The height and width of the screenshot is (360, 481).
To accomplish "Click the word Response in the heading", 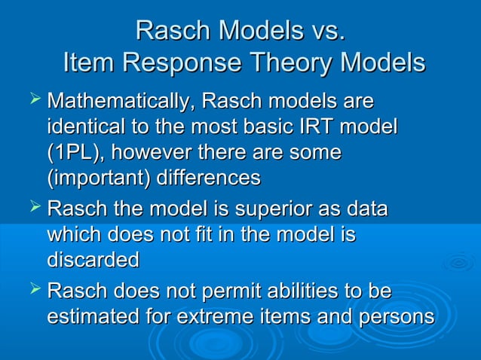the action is coord(182,63).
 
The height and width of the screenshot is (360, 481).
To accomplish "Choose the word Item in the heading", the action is coord(88,63).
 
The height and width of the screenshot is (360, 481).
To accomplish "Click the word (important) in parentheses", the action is coord(99,178).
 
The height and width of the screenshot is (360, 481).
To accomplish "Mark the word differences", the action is coord(209,177).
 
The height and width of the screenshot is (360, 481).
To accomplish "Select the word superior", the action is coord(274,209).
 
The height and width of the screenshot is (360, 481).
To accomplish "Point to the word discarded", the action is coord(93,259).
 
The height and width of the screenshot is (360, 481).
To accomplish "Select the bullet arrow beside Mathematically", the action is coord(35,99).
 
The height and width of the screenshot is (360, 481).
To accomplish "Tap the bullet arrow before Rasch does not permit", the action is coord(35,288).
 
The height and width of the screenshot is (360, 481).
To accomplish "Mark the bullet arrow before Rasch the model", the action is coord(35,207).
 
